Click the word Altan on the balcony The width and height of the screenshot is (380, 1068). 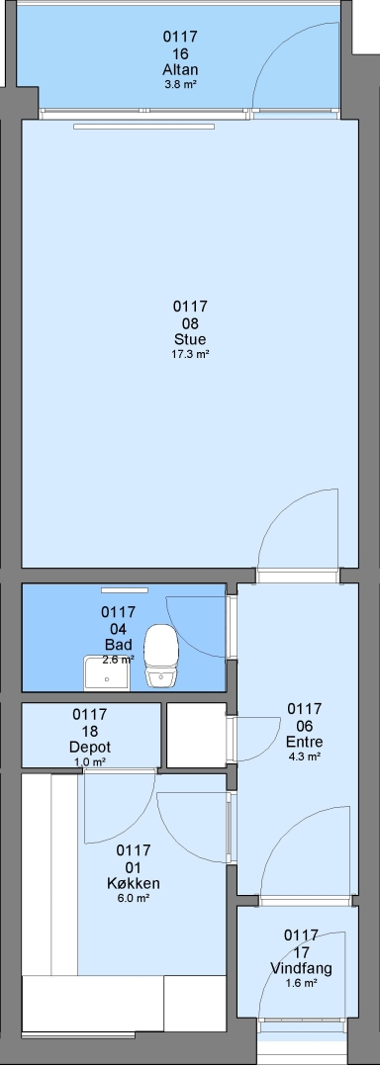pos(180,70)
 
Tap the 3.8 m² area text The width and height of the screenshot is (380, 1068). pos(180,84)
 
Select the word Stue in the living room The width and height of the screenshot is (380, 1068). pos(190,339)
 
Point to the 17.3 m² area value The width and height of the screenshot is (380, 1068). pos(190,353)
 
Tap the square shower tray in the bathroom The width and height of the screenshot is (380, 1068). pos(107,673)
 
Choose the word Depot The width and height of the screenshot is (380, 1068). pos(90,748)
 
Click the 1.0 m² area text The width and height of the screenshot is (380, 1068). pos(90,761)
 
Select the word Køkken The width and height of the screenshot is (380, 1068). pos(134,883)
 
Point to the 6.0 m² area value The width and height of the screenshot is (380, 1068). pos(134,898)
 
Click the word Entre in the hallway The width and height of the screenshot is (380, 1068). pos(305,742)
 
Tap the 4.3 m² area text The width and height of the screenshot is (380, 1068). pos(305,756)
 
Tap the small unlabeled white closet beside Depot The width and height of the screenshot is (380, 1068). pos(196,736)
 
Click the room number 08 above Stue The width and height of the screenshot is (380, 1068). pos(190,322)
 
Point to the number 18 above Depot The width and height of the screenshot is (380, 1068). pos(90,731)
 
